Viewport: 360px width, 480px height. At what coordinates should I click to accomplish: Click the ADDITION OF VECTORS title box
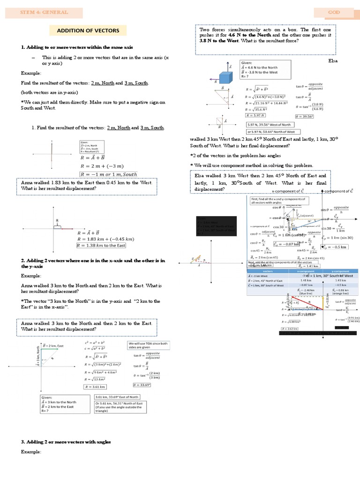(x=88, y=31)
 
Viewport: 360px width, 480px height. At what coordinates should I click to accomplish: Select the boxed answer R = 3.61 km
(x=94, y=386)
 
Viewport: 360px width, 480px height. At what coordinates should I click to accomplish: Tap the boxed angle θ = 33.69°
(x=141, y=385)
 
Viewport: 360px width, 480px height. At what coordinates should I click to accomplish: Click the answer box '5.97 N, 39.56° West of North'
(x=269, y=124)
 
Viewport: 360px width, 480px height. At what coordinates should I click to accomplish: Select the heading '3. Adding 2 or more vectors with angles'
(x=66, y=442)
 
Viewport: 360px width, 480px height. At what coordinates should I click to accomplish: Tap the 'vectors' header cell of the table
(x=268, y=271)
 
